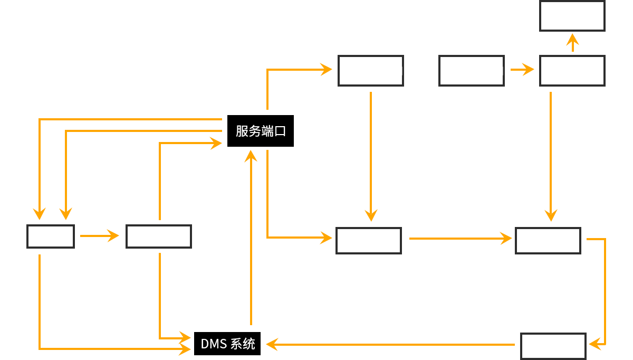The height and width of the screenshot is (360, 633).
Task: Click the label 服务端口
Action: tap(261, 131)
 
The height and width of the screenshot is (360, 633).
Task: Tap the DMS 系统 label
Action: tap(228, 344)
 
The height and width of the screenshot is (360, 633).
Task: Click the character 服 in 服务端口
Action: tap(242, 131)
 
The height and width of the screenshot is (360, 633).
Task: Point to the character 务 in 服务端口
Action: tap(254, 131)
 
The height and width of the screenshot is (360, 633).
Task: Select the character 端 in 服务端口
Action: tap(267, 131)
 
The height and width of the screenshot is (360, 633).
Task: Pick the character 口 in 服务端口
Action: tap(280, 131)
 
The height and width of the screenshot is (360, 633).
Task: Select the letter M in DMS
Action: tap(214, 344)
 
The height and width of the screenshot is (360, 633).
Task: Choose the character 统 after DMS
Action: tap(249, 344)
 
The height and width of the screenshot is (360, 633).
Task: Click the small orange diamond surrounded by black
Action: tap(572, 43)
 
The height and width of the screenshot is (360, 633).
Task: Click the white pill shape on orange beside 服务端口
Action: tap(401, 153)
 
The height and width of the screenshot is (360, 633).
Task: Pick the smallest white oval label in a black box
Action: tap(49, 237)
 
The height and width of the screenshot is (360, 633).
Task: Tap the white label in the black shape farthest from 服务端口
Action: tap(553, 346)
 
